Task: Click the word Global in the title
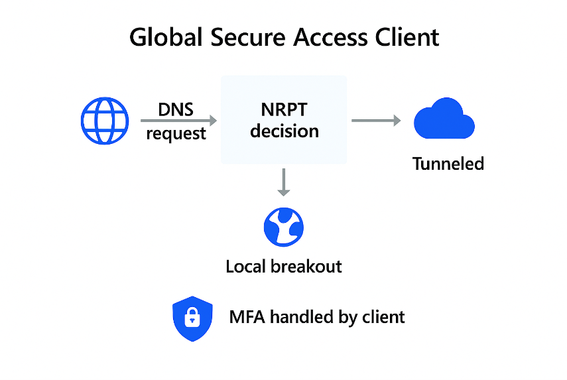165,37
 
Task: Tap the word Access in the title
334,37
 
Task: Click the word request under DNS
176,133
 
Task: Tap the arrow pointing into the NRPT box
178,121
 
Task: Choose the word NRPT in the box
284,109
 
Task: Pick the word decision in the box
284,131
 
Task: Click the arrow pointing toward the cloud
376,121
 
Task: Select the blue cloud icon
444,119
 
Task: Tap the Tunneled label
448,163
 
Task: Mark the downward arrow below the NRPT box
284,182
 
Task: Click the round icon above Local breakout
284,227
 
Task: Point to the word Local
246,267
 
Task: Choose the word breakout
306,267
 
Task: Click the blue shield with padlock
192,318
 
